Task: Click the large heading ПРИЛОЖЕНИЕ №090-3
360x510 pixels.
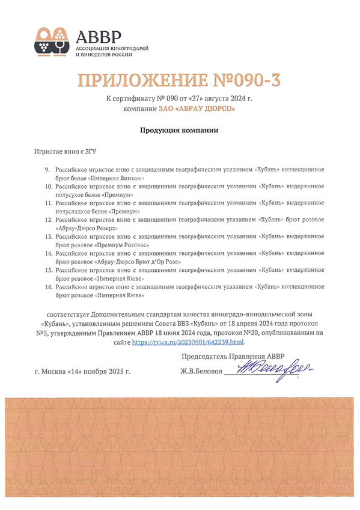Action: click(180, 79)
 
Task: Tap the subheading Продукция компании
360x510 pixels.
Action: click(178, 130)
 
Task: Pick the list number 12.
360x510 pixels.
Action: click(48, 221)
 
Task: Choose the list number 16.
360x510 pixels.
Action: click(48, 287)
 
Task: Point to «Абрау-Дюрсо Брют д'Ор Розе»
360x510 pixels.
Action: click(138, 262)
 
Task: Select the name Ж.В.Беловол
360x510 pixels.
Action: click(201, 372)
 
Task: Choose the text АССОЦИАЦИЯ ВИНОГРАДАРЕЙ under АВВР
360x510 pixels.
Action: click(112, 47)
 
